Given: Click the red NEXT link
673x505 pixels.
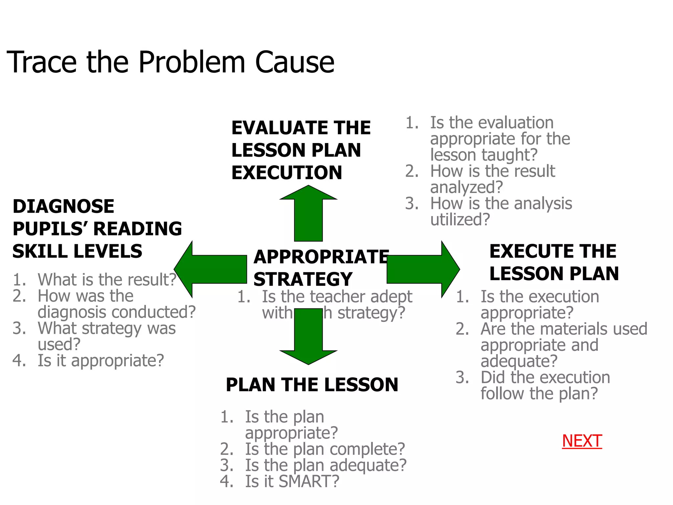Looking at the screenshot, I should point(582,441).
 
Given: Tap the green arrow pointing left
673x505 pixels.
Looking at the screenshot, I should point(210,269).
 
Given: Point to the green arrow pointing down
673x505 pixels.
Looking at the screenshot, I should point(308,339).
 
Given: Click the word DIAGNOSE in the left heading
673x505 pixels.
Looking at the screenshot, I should point(63,206).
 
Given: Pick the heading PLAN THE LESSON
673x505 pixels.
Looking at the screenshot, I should point(312,385).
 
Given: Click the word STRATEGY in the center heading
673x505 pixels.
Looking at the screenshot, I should point(303,279).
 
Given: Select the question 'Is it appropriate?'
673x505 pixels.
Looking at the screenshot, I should point(101,361).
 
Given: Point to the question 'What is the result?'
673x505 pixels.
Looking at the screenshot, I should point(107,280).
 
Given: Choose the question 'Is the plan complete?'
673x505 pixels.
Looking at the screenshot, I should point(325,449).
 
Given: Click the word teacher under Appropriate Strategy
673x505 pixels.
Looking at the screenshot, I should point(337,297).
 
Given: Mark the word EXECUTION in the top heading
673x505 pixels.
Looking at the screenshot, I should point(287,173).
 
